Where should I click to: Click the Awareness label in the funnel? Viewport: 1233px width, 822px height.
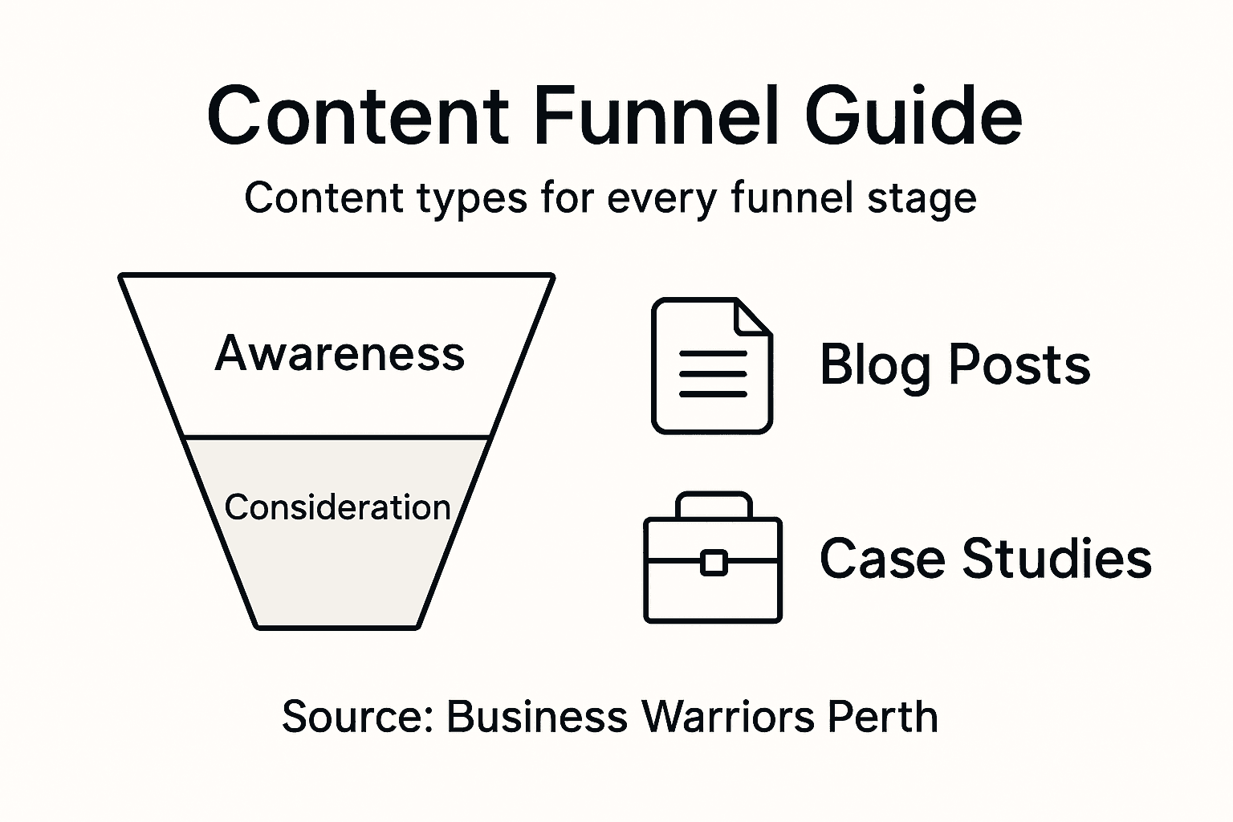(x=340, y=353)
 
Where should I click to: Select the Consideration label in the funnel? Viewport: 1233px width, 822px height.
(x=337, y=507)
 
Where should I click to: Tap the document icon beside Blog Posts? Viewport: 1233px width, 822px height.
(x=711, y=366)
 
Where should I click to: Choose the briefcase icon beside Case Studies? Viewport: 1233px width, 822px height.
(x=713, y=559)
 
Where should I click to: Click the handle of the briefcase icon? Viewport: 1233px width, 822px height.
(x=714, y=504)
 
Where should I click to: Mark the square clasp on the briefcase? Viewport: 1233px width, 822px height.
(x=713, y=563)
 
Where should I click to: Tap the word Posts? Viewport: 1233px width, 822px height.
(x=1019, y=364)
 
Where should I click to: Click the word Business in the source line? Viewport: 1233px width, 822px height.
(x=536, y=716)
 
